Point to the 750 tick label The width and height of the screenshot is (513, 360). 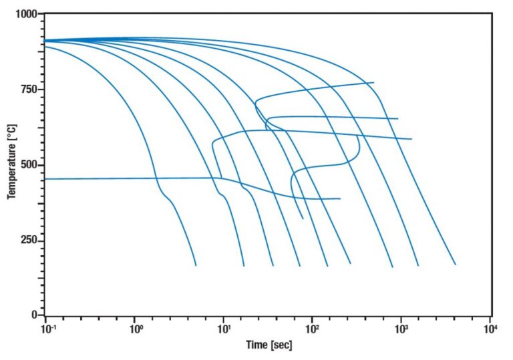pyautogui.click(x=29, y=89)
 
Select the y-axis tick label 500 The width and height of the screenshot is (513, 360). pyautogui.click(x=29, y=165)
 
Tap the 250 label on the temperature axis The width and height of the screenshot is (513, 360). pyautogui.click(x=29, y=240)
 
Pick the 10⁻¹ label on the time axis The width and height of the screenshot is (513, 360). pyautogui.click(x=46, y=329)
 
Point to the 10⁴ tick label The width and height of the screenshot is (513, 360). pyautogui.click(x=491, y=329)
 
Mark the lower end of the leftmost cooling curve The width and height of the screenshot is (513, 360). pyautogui.click(x=196, y=265)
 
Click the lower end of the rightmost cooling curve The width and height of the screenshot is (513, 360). pyautogui.click(x=455, y=264)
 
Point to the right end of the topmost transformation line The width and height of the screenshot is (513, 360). pyautogui.click(x=373, y=82)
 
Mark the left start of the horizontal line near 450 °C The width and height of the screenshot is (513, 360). pyautogui.click(x=45, y=179)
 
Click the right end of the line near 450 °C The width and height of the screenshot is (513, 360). pyautogui.click(x=340, y=198)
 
